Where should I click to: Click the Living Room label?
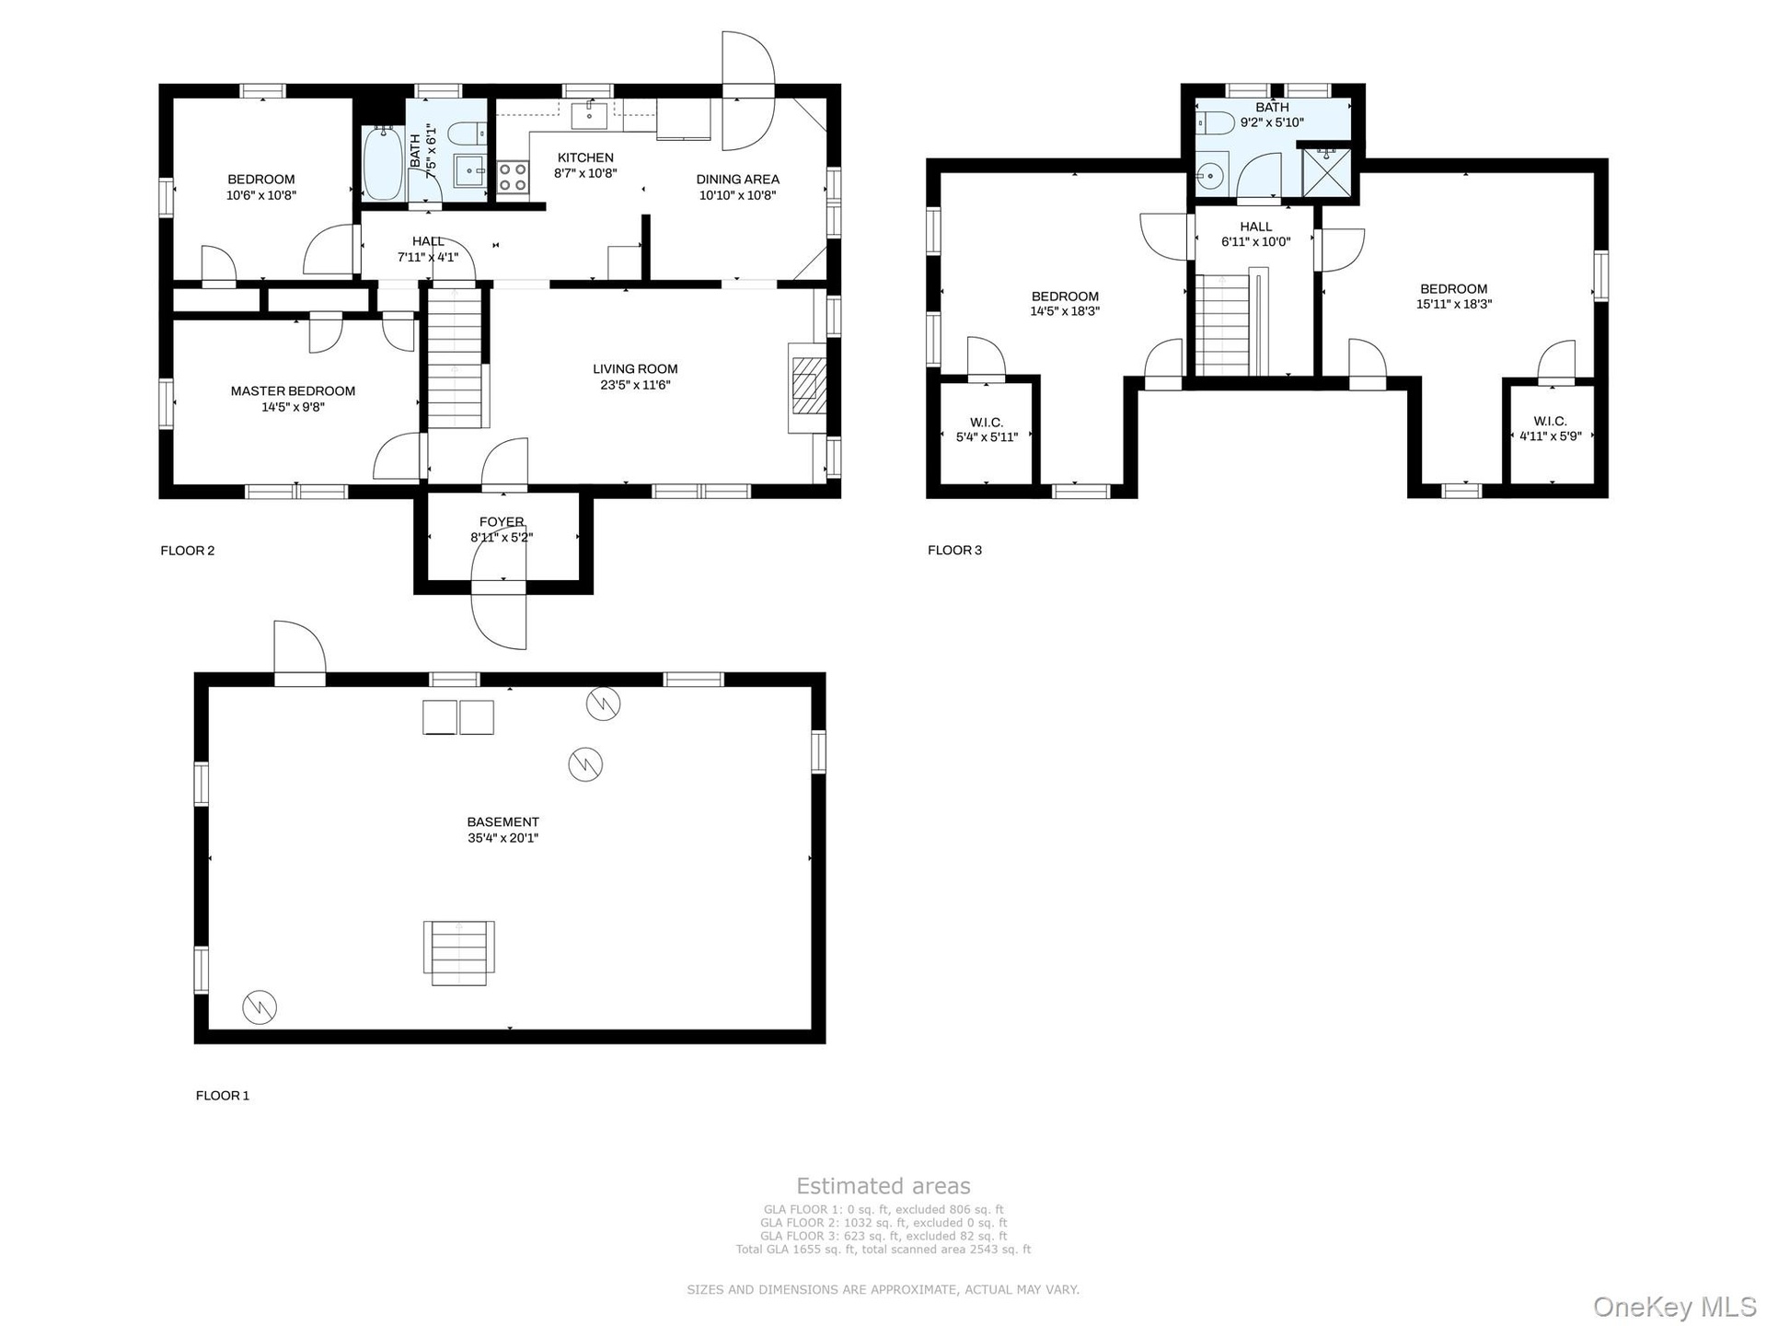click(635, 369)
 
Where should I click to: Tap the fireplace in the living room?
click(807, 388)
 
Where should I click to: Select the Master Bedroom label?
click(293, 391)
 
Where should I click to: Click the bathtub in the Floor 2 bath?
click(381, 165)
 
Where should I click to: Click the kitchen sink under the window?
click(589, 116)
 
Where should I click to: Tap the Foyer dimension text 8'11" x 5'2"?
click(502, 537)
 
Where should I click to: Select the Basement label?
click(502, 822)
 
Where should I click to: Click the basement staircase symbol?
click(458, 953)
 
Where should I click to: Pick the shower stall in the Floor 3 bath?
click(1326, 172)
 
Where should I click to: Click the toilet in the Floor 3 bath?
click(1215, 122)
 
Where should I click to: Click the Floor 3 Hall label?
click(1256, 227)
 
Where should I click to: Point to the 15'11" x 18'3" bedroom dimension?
click(1454, 304)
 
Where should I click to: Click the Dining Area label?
click(738, 180)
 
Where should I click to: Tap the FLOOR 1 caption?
click(223, 1096)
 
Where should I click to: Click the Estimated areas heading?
click(883, 1186)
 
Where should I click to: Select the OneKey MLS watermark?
click(1675, 1308)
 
